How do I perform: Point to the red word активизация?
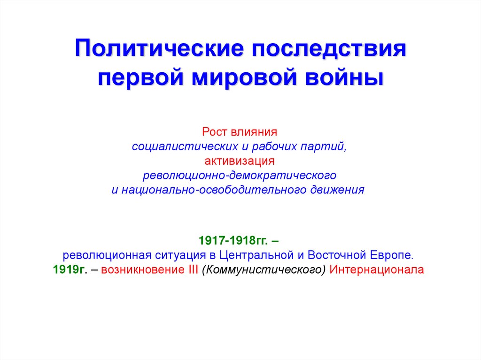[x=240, y=161]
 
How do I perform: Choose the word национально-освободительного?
[x=216, y=190]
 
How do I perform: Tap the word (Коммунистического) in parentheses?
[x=264, y=270]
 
